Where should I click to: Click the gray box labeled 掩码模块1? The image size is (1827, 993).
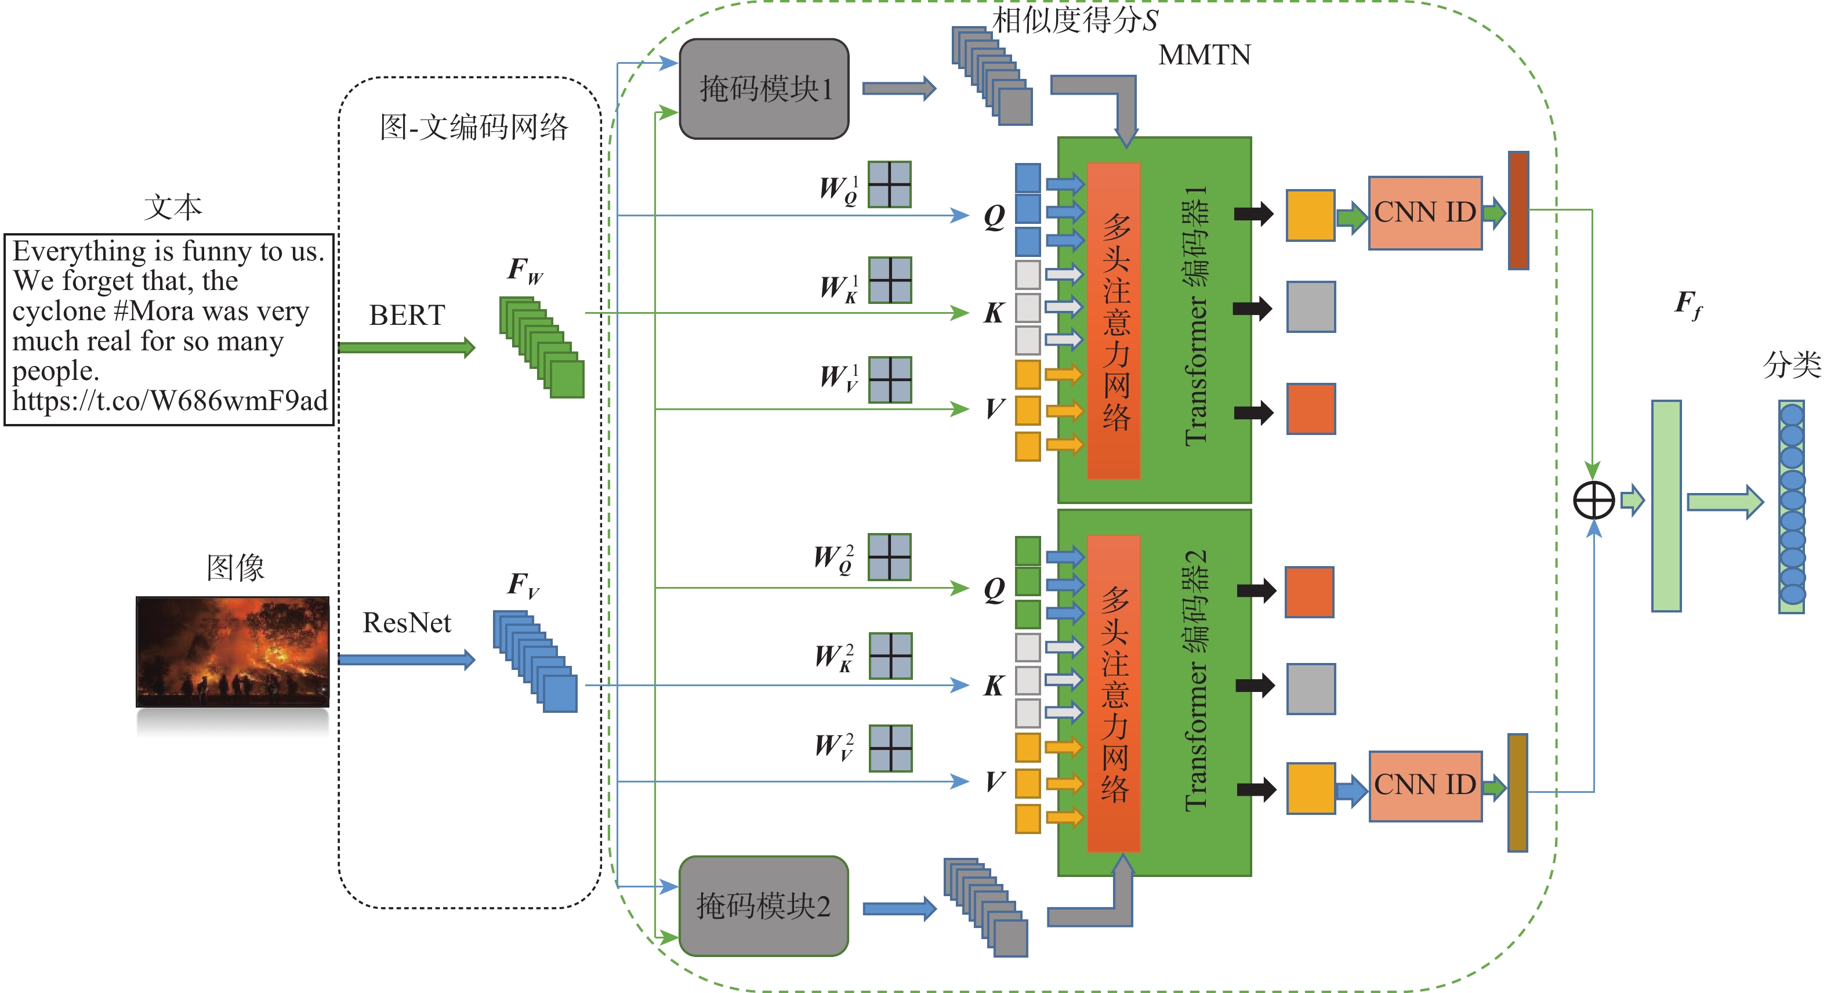[x=764, y=89]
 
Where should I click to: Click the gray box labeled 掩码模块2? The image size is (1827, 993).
[x=763, y=906]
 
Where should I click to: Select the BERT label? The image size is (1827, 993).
[x=407, y=315]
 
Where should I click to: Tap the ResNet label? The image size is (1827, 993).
[x=407, y=623]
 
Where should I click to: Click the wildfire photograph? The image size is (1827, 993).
[x=233, y=651]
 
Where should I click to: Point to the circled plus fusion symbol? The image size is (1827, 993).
[x=1594, y=501]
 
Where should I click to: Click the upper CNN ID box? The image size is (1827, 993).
[x=1425, y=213]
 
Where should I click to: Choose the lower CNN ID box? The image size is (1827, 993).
[x=1425, y=786]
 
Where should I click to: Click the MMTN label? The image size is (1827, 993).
[x=1204, y=55]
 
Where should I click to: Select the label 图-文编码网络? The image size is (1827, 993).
[x=474, y=128]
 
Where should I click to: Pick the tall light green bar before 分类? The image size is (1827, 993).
[x=1666, y=505]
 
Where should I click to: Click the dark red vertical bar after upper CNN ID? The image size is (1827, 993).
[x=1518, y=210]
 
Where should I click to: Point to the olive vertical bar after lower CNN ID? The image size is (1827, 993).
[x=1517, y=792]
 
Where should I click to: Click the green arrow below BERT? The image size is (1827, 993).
[x=407, y=347]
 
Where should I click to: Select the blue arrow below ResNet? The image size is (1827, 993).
[x=407, y=659]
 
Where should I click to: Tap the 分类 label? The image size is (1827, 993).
[x=1792, y=365]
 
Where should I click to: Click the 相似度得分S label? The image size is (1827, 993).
[x=1075, y=20]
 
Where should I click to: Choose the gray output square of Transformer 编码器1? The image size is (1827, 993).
[x=1311, y=307]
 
